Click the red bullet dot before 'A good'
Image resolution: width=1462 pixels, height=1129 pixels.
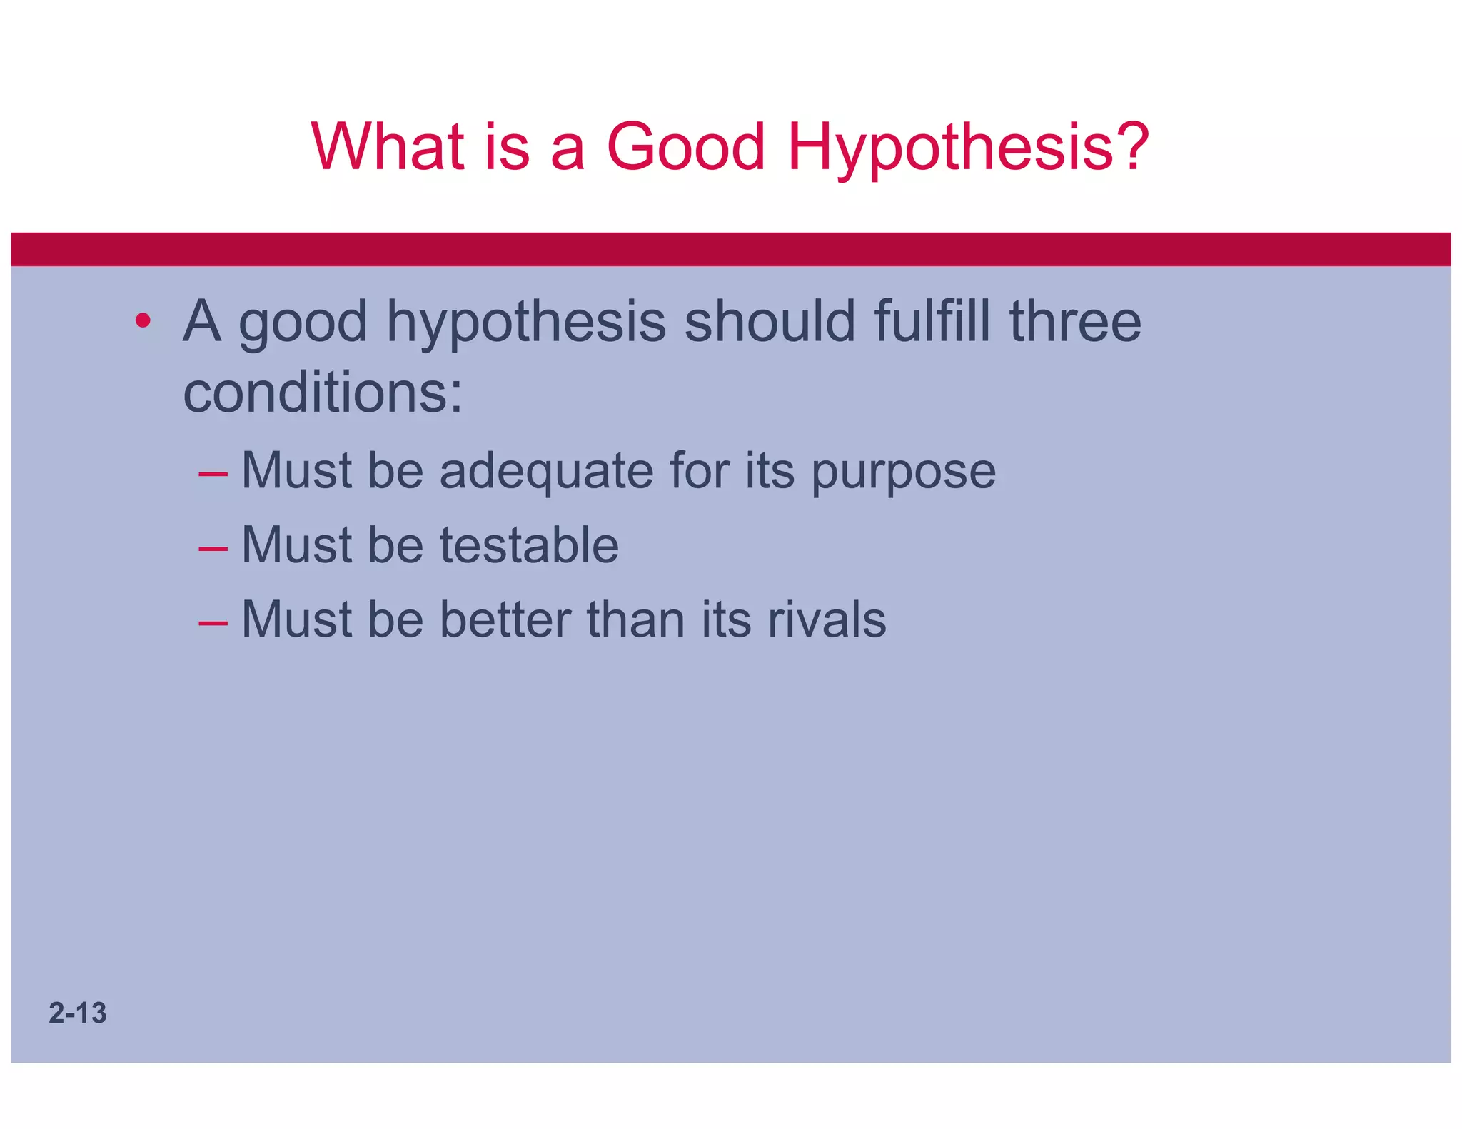(x=143, y=320)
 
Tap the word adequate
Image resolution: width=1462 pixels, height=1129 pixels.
(x=546, y=471)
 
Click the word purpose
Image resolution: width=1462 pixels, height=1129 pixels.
(x=903, y=472)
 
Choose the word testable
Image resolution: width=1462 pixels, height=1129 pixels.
(x=529, y=545)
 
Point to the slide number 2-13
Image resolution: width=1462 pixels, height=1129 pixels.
(x=78, y=1013)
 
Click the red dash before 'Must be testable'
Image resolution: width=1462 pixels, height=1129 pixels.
(x=213, y=548)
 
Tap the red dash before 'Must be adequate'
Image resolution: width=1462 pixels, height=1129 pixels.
(x=213, y=473)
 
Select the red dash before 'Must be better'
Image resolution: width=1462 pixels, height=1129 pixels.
(x=213, y=622)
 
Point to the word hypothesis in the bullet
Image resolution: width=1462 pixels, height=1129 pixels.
(x=526, y=323)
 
